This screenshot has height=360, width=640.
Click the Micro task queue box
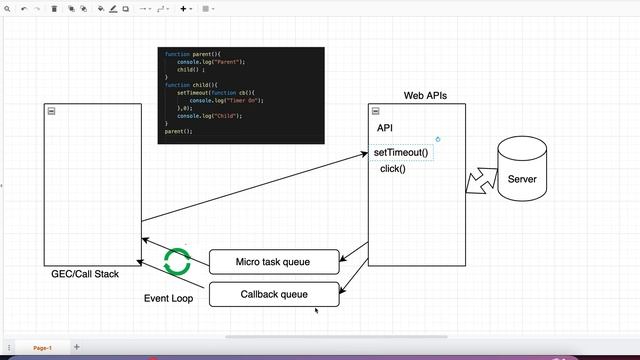(273, 262)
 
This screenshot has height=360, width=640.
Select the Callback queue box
(273, 294)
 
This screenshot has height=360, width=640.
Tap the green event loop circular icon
(177, 262)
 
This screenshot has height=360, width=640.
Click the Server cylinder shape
(522, 170)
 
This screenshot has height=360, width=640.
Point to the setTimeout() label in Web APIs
(401, 153)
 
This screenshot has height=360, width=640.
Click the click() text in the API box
(393, 169)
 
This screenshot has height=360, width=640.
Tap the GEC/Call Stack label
(85, 274)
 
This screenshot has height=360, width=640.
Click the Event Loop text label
(169, 298)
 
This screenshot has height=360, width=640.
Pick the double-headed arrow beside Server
(481, 180)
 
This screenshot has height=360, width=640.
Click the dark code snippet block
(241, 95)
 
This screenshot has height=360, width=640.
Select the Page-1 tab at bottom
(42, 347)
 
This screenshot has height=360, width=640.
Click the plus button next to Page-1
(77, 347)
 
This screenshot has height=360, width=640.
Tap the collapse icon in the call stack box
(51, 111)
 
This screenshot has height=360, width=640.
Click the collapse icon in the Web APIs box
(376, 111)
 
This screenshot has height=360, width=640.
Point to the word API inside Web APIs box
(385, 128)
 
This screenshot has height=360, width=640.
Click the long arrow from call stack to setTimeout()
(255, 187)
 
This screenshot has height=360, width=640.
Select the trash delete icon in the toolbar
(54, 8)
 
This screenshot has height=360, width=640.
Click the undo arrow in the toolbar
(24, 8)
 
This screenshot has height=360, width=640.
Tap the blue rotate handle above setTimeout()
(438, 139)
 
